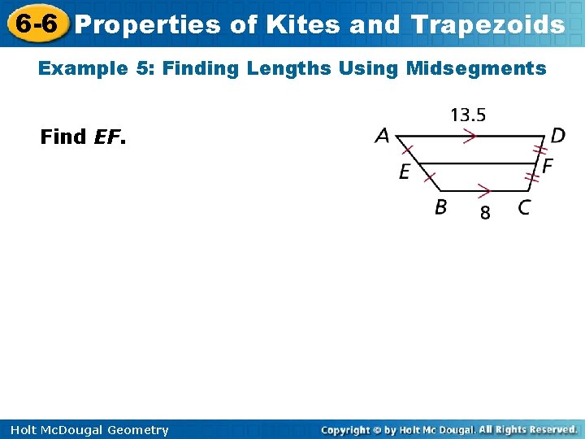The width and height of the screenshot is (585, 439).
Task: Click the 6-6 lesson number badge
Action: (x=35, y=24)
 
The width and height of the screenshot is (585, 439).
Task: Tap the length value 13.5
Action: (x=468, y=115)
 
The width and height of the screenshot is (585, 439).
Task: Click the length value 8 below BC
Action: (x=485, y=213)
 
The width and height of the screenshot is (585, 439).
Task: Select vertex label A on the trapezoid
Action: (x=382, y=136)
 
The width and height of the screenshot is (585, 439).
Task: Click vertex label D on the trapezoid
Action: (x=558, y=136)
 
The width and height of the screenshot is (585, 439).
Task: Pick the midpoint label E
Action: (x=404, y=172)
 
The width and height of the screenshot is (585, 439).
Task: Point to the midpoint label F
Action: (x=548, y=166)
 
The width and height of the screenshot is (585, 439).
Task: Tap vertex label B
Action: (x=440, y=207)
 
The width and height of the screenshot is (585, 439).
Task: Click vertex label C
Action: (x=524, y=207)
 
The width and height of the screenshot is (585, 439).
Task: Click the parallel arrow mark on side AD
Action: (x=469, y=137)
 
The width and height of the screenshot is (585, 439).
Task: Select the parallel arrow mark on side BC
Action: (x=483, y=192)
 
